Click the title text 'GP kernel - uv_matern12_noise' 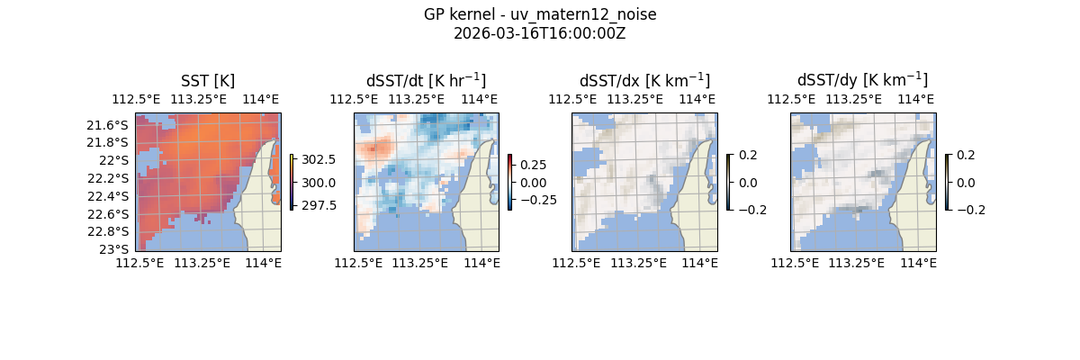[x=539, y=15]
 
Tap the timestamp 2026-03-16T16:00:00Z [x=539, y=33]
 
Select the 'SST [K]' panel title [x=208, y=81]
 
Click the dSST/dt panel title [x=426, y=80]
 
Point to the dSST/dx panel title [x=644, y=80]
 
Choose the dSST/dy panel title [x=862, y=80]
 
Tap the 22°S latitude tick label [x=118, y=160]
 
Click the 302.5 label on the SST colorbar [x=318, y=159]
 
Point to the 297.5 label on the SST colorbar [x=318, y=205]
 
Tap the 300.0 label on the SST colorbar [x=318, y=183]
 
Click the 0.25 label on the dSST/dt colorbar [x=533, y=166]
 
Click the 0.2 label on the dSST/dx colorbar [x=748, y=155]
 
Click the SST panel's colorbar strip [x=292, y=182]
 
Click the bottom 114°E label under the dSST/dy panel [x=919, y=263]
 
